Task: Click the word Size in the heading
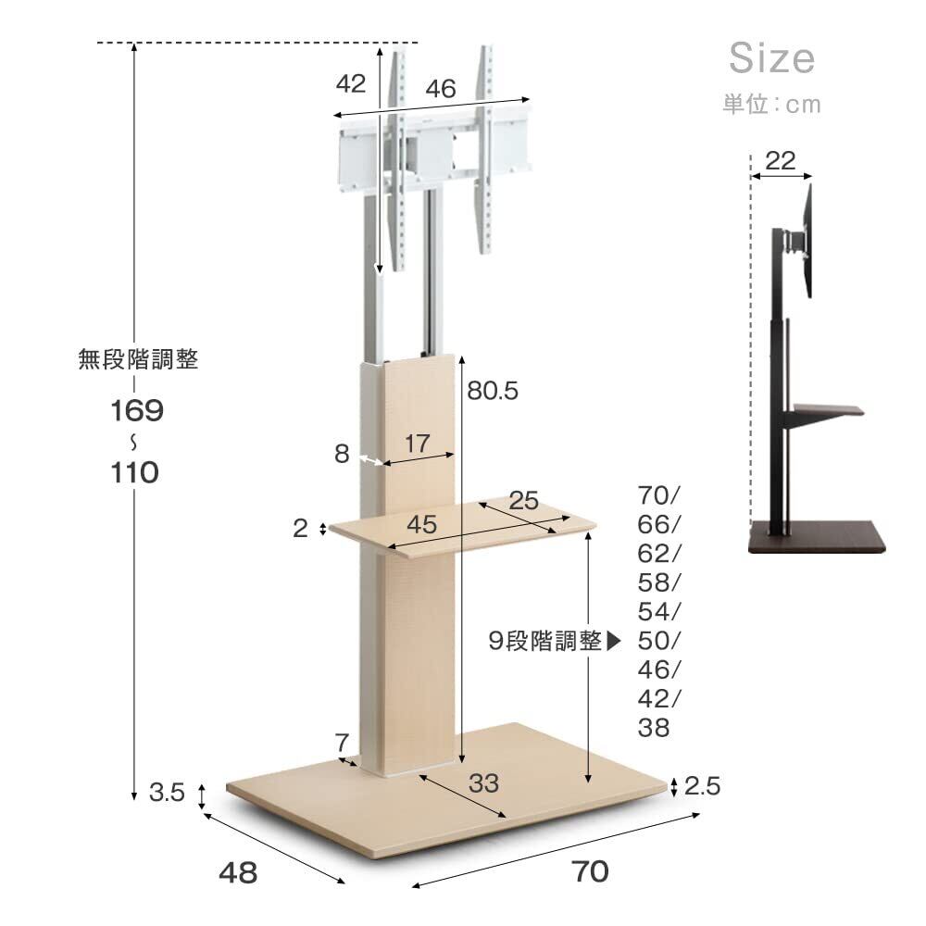772,57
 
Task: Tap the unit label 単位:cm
772,105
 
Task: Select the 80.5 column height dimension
493,391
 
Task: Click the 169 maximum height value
137,410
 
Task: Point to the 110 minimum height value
134,472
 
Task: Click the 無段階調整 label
138,359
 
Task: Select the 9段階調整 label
545,641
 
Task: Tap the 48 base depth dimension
238,872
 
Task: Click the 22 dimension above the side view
781,160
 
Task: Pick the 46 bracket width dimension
441,89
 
